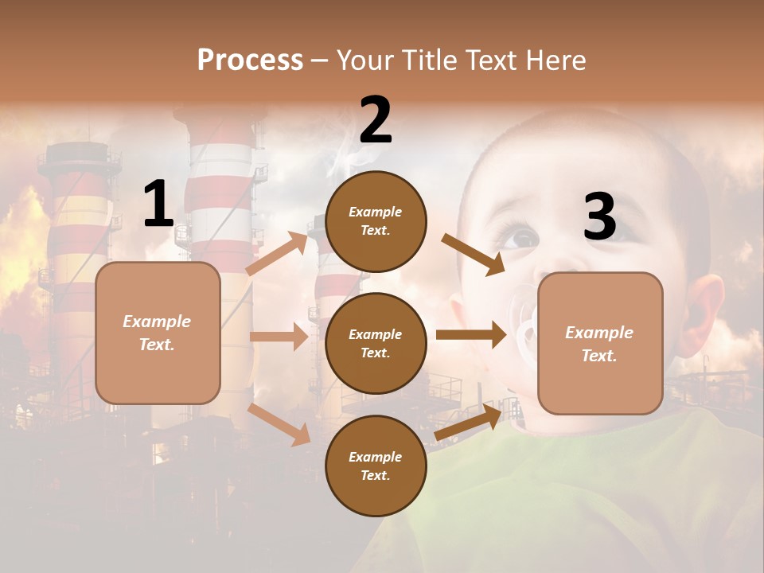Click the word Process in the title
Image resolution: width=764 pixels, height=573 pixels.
(250, 60)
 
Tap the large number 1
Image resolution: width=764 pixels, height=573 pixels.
(158, 205)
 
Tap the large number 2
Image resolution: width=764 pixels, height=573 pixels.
(376, 119)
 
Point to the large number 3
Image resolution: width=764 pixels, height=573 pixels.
(599, 217)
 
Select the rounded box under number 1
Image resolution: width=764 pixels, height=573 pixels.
(158, 333)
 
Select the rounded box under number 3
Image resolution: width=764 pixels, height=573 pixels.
(600, 343)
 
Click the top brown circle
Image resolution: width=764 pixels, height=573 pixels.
(376, 221)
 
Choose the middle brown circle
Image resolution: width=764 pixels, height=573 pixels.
(376, 343)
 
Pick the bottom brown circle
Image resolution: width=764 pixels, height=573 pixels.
(376, 466)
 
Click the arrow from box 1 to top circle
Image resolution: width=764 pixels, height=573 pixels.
(277, 254)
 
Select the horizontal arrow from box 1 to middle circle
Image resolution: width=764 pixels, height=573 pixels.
(279, 337)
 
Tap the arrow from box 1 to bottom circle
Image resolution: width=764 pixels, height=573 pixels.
(279, 424)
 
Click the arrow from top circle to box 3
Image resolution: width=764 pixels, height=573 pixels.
(473, 255)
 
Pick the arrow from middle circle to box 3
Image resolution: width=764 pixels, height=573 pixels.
(470, 335)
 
